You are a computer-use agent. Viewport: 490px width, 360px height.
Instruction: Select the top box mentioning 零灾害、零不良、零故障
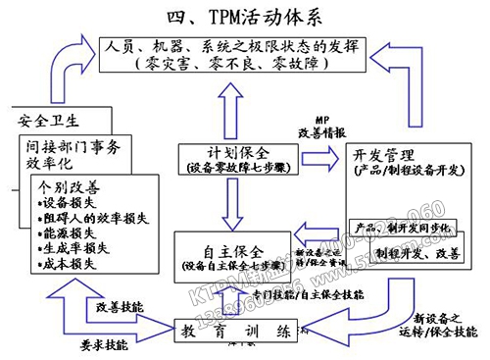(x=245, y=53)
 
